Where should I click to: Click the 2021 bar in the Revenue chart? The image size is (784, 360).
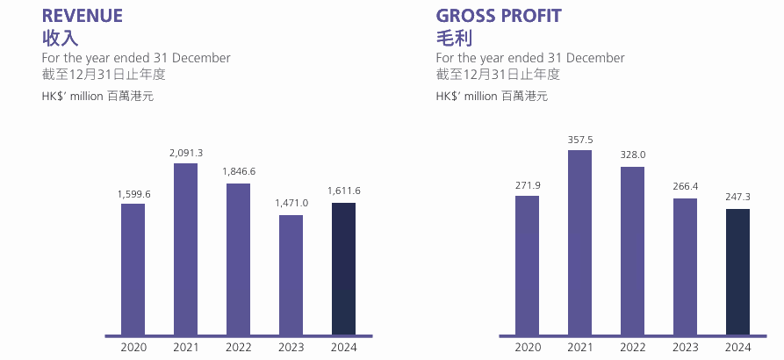(185, 249)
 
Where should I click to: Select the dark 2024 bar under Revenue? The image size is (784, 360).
(343, 269)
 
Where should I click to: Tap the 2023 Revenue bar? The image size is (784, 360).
(291, 275)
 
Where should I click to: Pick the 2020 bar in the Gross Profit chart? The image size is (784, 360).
(527, 265)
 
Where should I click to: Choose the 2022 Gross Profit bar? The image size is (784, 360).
(632, 250)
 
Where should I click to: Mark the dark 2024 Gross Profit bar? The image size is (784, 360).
(738, 271)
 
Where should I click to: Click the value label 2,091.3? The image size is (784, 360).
(186, 153)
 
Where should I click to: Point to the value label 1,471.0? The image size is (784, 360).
(291, 204)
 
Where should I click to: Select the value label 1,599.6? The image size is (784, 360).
(133, 193)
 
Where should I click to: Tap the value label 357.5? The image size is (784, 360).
(579, 140)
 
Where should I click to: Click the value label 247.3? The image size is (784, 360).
(738, 198)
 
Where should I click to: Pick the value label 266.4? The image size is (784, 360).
(686, 188)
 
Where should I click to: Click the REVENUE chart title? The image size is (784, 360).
(83, 16)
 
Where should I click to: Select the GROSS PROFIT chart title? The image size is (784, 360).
(499, 16)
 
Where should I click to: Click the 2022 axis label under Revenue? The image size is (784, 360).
(238, 348)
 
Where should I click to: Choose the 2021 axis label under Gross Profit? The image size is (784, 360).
(579, 348)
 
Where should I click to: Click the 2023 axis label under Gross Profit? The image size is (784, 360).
(686, 348)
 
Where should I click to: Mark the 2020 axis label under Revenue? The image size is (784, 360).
(133, 348)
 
